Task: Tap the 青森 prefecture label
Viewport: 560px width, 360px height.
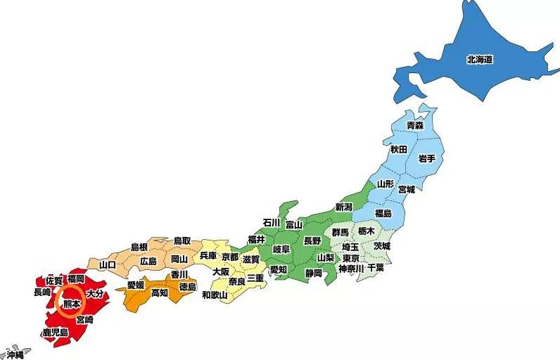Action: tap(415, 124)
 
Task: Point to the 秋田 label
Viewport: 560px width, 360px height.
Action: tap(398, 149)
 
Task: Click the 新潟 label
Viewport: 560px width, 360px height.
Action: tap(343, 207)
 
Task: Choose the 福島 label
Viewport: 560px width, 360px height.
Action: tap(383, 213)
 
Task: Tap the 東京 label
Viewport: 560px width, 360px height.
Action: tap(350, 258)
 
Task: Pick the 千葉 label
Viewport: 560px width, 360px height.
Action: tap(376, 268)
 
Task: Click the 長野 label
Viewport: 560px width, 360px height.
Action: tap(312, 240)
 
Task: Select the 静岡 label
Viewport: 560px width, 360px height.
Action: tap(313, 272)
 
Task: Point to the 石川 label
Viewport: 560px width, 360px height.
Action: tap(272, 223)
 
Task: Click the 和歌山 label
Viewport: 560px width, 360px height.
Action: tap(215, 295)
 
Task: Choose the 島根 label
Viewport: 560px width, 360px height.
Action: tap(139, 247)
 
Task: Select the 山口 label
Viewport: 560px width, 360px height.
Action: tap(108, 264)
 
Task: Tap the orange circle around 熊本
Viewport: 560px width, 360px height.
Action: tap(71, 304)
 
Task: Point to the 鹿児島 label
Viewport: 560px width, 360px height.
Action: tap(55, 332)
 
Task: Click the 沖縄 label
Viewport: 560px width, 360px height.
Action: tap(13, 354)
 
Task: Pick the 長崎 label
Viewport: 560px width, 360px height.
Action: tap(42, 292)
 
